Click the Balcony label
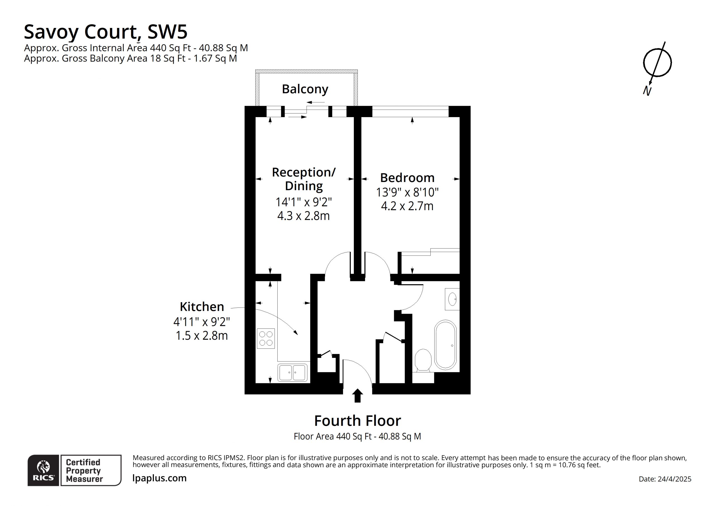click(305, 89)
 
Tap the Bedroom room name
click(407, 178)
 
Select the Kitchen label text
click(202, 307)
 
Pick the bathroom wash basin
click(452, 299)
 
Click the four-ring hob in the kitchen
click(266, 339)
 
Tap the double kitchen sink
click(292, 373)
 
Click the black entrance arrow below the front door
click(357, 395)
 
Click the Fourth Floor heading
click(357, 421)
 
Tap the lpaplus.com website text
click(159, 478)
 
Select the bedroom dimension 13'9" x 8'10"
click(407, 192)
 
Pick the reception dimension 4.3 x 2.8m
click(303, 216)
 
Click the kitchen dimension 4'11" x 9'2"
click(202, 321)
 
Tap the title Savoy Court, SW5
click(106, 32)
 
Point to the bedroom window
click(411, 112)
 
